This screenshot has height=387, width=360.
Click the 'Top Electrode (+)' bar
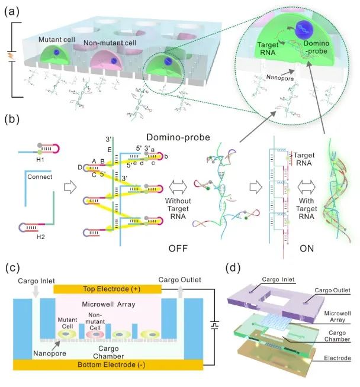tap(107, 288)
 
